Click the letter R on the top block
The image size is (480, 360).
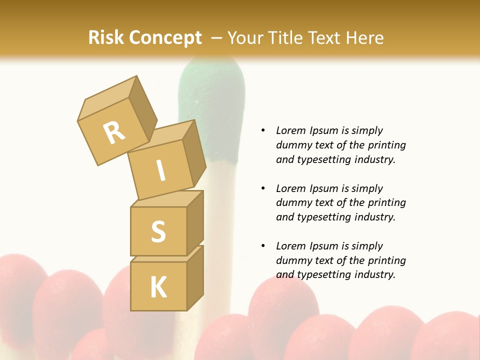pyautogui.click(x=114, y=132)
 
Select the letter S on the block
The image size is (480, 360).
pyautogui.click(x=158, y=231)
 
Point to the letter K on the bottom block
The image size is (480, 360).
pyautogui.click(x=158, y=287)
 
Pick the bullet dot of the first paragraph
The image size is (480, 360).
pyautogui.click(x=263, y=130)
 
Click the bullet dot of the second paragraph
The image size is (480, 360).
pyautogui.click(x=263, y=188)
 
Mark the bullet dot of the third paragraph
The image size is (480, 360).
pyautogui.click(x=263, y=246)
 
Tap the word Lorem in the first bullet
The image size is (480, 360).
pyautogui.click(x=289, y=130)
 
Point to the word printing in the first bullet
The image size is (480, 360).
pyautogui.click(x=388, y=145)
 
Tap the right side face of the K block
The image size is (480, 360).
pyautogui.click(x=195, y=280)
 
